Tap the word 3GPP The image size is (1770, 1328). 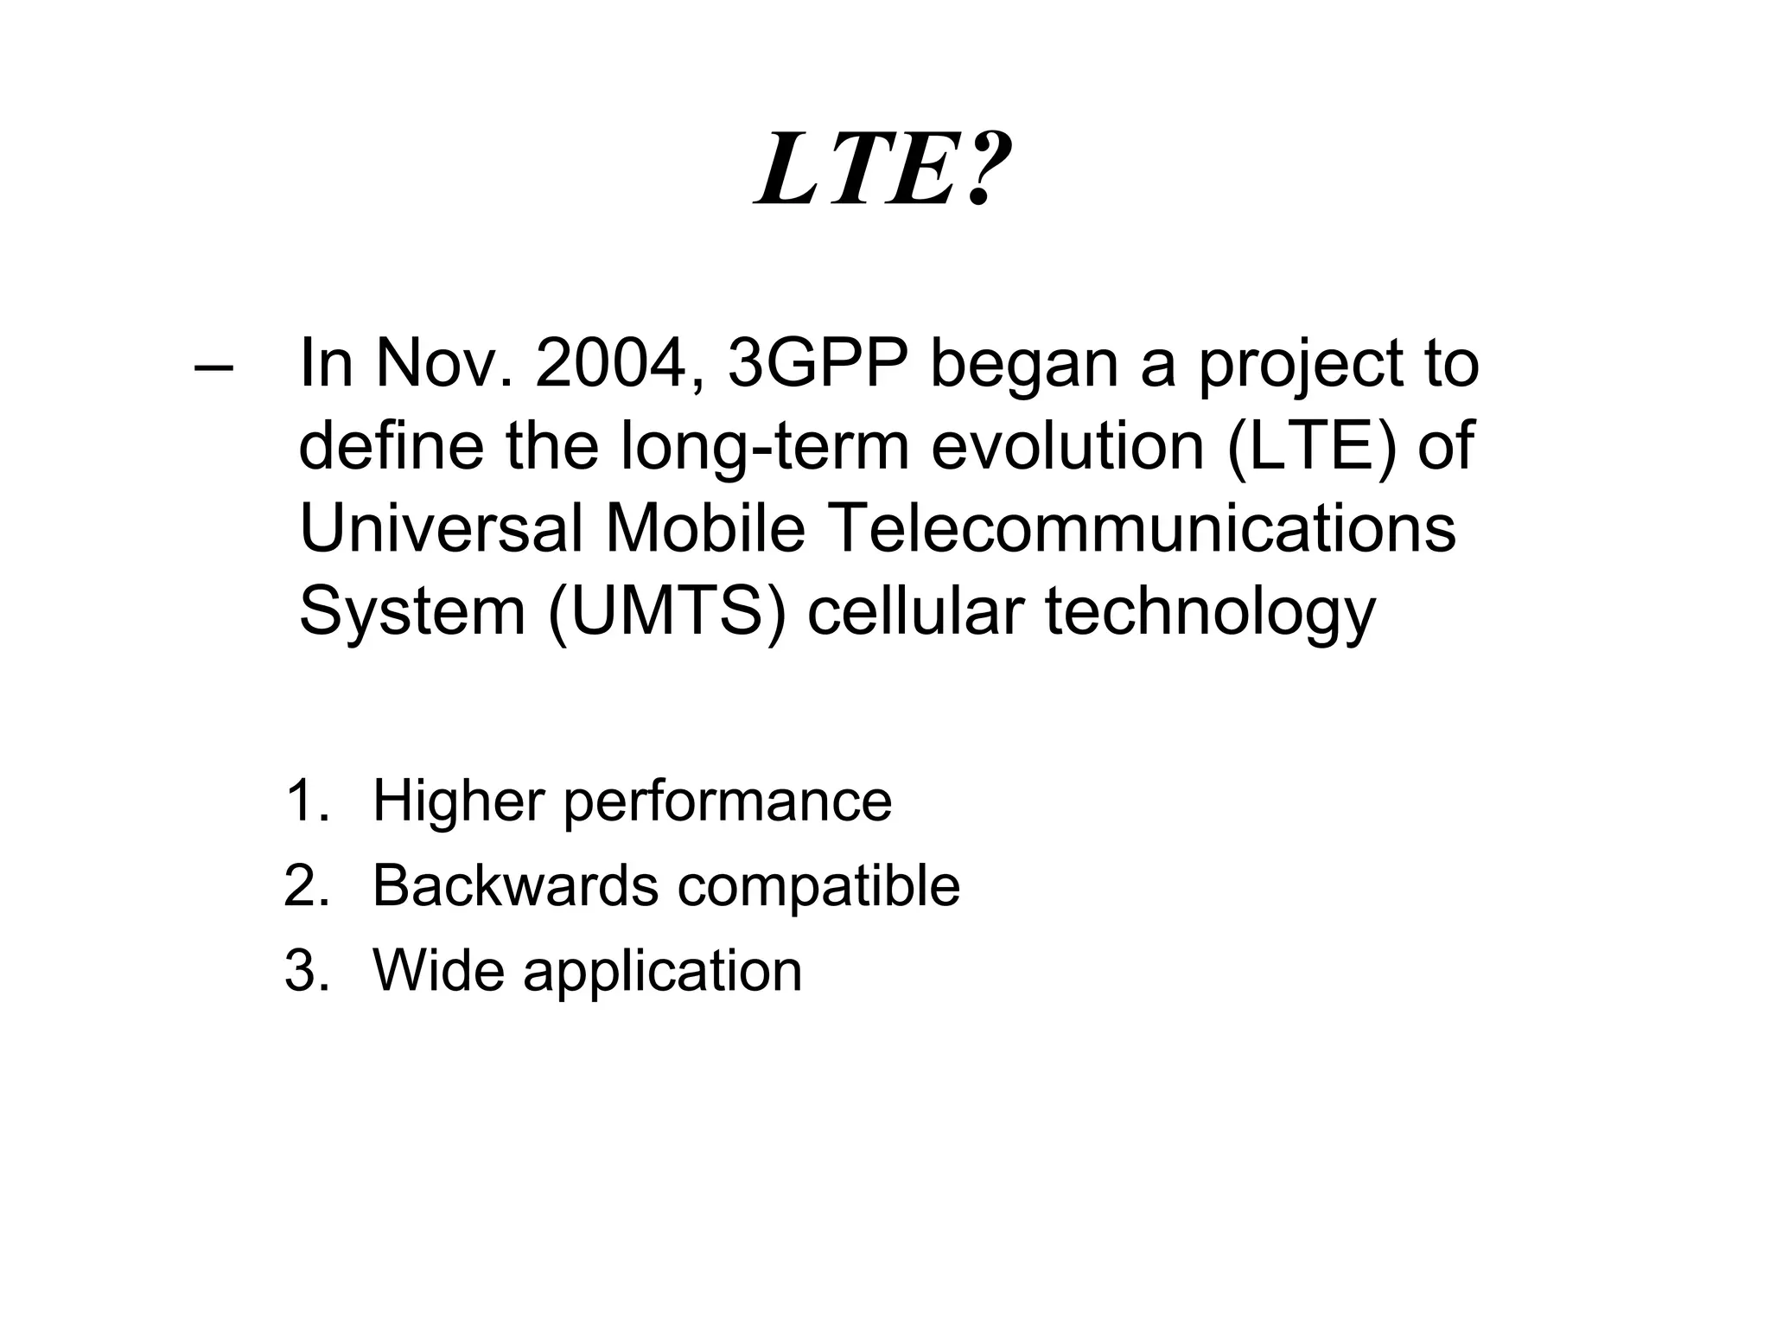click(x=818, y=363)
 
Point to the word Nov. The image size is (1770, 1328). click(x=444, y=363)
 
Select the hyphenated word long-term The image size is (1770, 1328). click(x=765, y=448)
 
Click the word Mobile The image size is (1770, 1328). click(x=705, y=528)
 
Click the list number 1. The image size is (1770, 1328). click(x=305, y=801)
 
